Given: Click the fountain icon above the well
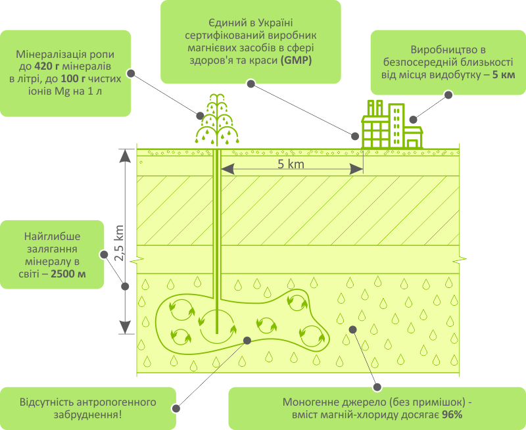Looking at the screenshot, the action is (x=217, y=120).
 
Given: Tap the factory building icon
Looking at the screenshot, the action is (x=392, y=124).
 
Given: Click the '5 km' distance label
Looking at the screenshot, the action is (x=291, y=164).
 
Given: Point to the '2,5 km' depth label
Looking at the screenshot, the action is (x=120, y=243).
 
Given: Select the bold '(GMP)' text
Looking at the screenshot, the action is (x=297, y=60).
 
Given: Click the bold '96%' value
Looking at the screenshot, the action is (x=452, y=415).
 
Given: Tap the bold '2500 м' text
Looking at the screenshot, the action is (x=68, y=274).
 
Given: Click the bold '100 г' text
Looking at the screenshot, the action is (x=73, y=78).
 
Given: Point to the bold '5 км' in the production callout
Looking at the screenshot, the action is (x=504, y=74).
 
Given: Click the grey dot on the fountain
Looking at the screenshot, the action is (x=200, y=116).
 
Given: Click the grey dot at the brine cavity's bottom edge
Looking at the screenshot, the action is (x=247, y=341).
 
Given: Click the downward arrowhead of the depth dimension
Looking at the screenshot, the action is (x=125, y=327).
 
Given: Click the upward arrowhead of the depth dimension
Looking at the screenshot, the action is (x=125, y=156).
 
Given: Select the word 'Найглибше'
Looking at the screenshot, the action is (x=52, y=237).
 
